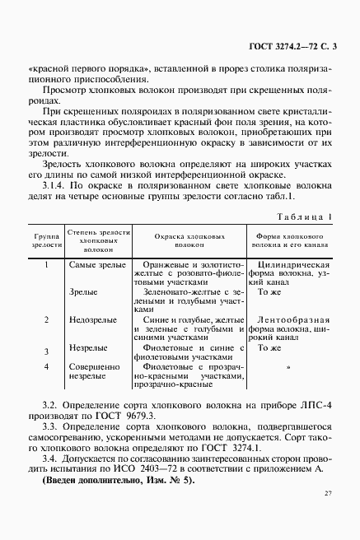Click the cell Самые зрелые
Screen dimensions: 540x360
91,265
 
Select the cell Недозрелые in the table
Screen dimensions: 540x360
90,319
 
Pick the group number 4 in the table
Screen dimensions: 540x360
47,365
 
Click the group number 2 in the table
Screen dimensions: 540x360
47,319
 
